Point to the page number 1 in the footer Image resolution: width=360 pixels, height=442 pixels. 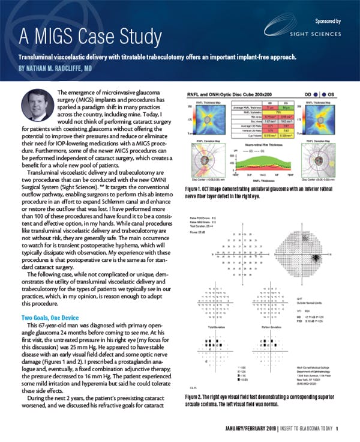tap(338, 428)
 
